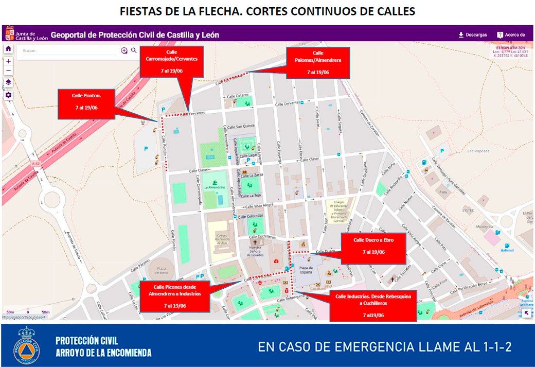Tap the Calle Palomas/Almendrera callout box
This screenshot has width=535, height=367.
point(318,62)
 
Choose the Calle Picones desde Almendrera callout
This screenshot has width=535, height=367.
point(174,296)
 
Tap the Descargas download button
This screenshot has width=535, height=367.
point(472,35)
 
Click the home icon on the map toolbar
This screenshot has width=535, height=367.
point(8,48)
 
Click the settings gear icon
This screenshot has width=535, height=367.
point(8,95)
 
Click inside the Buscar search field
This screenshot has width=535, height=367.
point(67,50)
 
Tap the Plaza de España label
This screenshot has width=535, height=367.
point(307,268)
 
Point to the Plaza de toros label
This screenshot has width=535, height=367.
point(163,271)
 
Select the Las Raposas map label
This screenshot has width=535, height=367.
point(477,151)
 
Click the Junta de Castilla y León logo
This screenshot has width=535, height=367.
point(26,35)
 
